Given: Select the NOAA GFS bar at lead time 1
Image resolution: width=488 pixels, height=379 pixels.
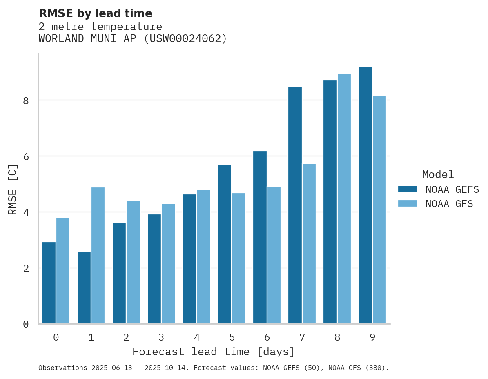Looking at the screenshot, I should point(98,256).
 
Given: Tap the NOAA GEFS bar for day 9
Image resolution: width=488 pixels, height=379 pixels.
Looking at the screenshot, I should point(365,195).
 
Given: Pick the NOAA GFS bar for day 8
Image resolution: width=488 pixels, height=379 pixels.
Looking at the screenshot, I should point(344,198).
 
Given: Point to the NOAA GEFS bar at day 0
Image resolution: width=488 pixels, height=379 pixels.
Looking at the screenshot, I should point(49,283).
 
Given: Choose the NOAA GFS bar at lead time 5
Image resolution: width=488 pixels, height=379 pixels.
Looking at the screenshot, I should point(238,259).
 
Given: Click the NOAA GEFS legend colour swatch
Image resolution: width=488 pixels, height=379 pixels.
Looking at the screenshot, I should point(408,189).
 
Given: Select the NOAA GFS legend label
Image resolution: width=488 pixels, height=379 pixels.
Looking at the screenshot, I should point(449,204).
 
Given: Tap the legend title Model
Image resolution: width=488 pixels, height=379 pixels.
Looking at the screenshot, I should point(438,175).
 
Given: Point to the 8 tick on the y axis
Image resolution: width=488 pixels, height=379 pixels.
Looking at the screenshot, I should point(26,100).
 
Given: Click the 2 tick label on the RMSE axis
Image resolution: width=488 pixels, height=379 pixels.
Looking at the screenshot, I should point(26,268).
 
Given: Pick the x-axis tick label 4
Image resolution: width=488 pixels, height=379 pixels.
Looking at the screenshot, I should point(197,338).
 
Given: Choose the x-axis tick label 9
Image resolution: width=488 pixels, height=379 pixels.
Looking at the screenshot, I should point(372,338).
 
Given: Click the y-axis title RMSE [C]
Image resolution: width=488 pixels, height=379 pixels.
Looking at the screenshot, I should point(13,189).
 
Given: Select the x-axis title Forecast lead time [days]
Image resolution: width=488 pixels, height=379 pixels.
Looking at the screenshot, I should point(213,352).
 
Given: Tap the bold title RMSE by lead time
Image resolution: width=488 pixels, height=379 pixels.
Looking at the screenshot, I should point(95,13).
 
